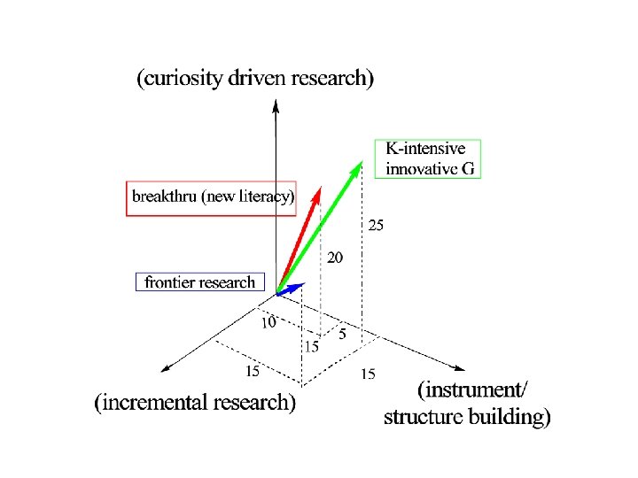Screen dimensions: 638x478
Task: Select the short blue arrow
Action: point(293,288)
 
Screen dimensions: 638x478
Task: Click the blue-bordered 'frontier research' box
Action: point(199,282)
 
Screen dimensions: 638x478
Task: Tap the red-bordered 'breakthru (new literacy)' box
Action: point(212,197)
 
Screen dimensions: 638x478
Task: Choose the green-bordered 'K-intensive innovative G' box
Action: point(427,159)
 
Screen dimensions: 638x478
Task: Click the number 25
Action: point(376,226)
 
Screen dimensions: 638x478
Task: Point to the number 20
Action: point(335,258)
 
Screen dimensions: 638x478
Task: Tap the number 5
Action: point(342,335)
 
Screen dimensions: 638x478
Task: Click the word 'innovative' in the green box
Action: point(419,168)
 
